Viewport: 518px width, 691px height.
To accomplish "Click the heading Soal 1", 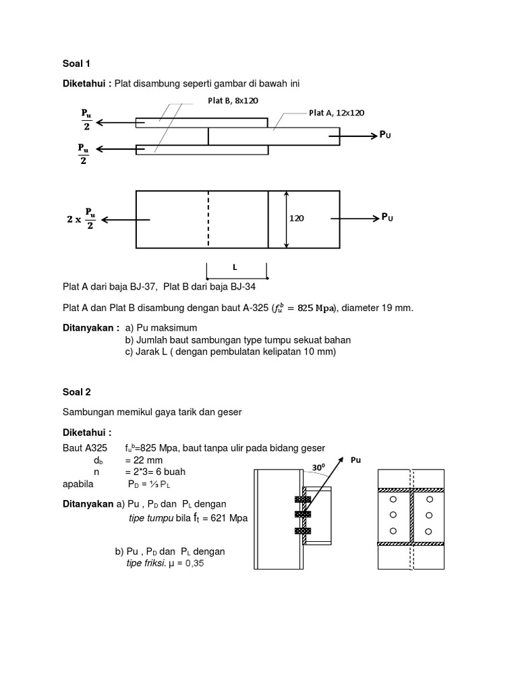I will point(76,64).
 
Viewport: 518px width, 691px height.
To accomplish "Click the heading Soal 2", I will point(76,391).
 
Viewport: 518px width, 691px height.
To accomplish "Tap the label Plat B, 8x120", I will point(233,101).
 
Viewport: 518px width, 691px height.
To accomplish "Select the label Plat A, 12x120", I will point(337,113).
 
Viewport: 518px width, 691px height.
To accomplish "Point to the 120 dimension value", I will point(297,219).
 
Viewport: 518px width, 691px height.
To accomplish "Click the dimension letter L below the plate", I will point(235,267).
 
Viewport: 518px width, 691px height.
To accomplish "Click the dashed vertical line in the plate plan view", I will point(208,220).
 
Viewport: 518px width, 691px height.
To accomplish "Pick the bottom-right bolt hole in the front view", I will point(428,531).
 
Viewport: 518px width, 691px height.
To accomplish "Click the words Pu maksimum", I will point(162,327).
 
